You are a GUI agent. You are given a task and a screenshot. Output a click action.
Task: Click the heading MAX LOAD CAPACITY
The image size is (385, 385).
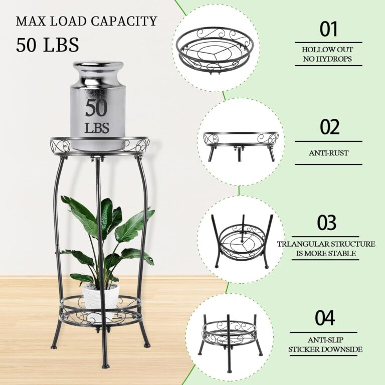click(x=86, y=22)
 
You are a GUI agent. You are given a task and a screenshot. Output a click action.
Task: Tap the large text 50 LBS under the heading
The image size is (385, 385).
click(x=48, y=45)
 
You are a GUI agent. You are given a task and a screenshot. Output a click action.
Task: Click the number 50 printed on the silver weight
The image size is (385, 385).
click(x=97, y=108)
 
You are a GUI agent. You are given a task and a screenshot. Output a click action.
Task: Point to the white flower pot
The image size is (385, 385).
click(x=101, y=296)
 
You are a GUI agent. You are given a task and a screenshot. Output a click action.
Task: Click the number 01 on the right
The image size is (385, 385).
click(x=329, y=30)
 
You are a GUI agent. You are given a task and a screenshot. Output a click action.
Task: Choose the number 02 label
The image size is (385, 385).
click(x=329, y=127)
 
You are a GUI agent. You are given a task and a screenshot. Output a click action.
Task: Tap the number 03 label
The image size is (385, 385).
click(x=327, y=223)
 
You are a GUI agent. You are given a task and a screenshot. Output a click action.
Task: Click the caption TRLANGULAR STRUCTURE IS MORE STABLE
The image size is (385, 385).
click(x=326, y=249)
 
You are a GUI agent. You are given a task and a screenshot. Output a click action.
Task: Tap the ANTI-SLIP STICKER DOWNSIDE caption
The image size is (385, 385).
click(x=326, y=344)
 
